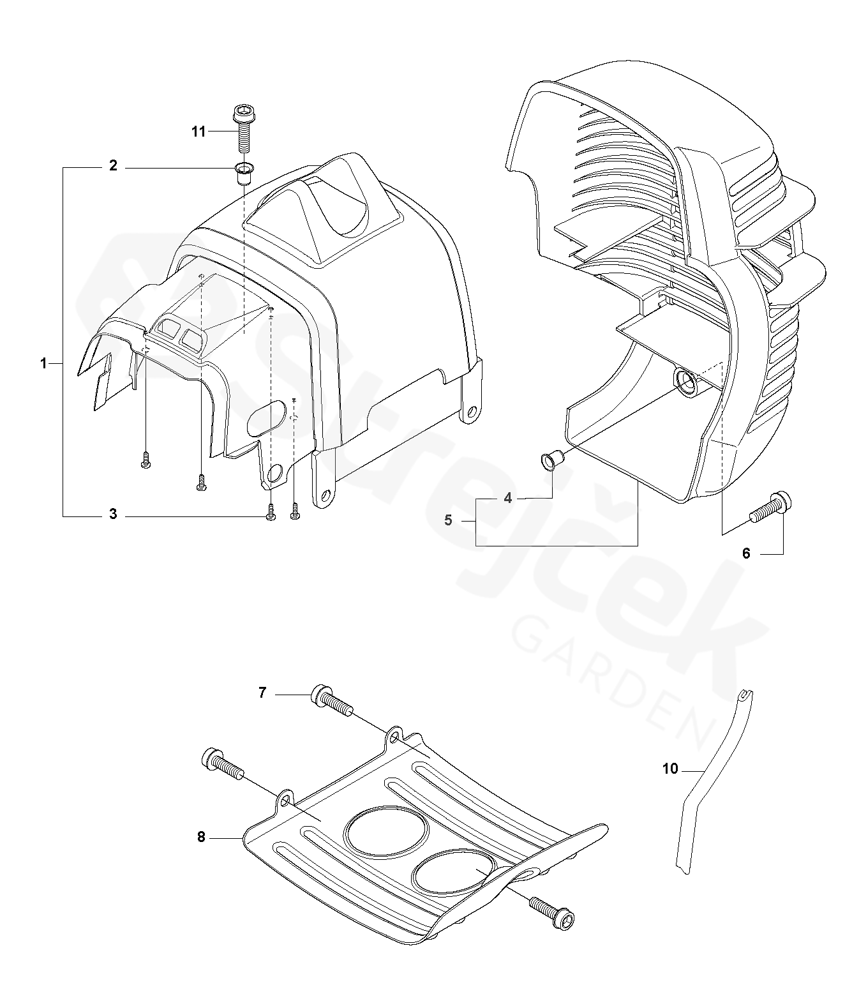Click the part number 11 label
(x=198, y=132)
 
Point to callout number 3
(x=113, y=514)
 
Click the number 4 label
(x=508, y=498)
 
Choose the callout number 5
(x=448, y=520)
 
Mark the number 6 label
(x=746, y=553)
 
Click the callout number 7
(x=262, y=692)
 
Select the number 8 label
(x=201, y=837)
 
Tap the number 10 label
(x=670, y=769)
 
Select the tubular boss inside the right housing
(x=687, y=383)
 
